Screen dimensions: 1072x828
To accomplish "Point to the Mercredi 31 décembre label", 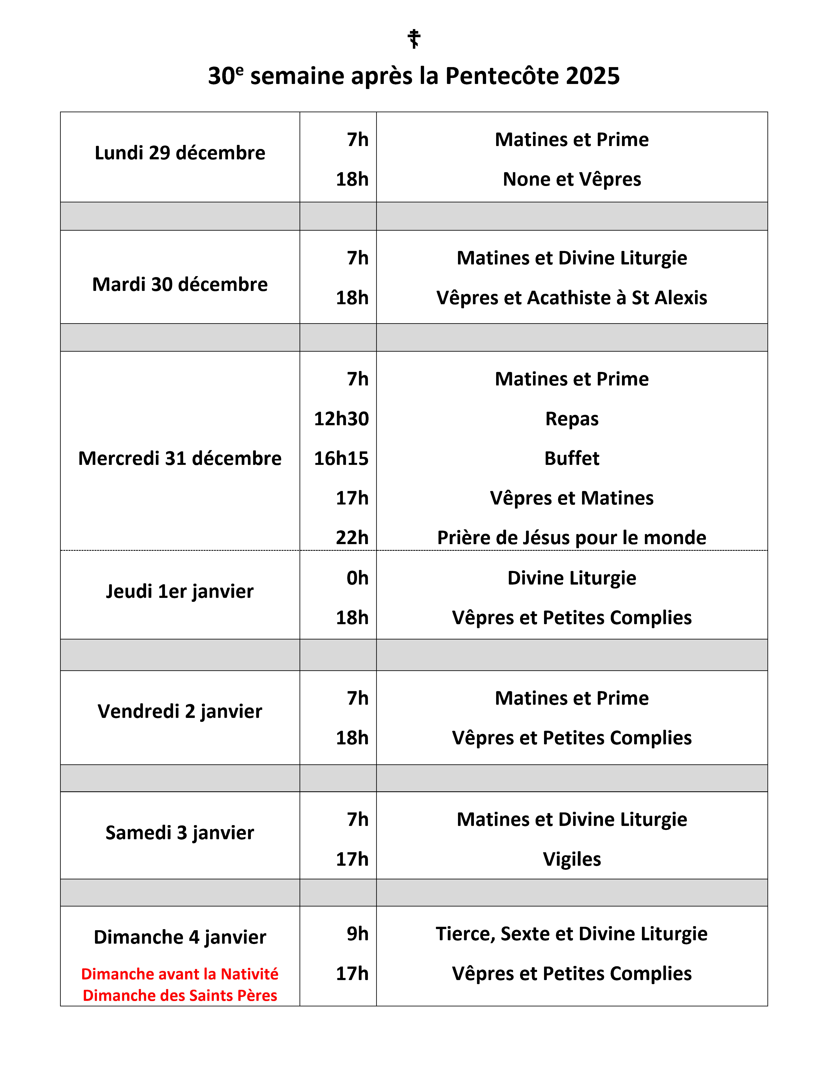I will [180, 459].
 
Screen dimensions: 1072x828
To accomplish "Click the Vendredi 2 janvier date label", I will [180, 711].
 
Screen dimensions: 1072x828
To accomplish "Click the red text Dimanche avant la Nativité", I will [180, 974].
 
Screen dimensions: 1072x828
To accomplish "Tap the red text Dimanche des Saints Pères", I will [180, 995].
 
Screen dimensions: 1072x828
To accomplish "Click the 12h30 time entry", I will [341, 419].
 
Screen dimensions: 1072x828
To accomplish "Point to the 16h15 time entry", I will [341, 459].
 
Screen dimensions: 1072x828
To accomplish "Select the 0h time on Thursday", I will [358, 578].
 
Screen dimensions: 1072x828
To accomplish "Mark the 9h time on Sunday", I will [358, 934].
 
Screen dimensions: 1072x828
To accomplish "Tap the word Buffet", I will [572, 459].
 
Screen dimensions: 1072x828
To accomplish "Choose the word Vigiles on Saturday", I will [572, 859].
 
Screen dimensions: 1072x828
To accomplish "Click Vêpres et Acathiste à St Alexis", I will [572, 298].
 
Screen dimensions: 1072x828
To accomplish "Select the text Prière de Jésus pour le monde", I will [572, 538].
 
